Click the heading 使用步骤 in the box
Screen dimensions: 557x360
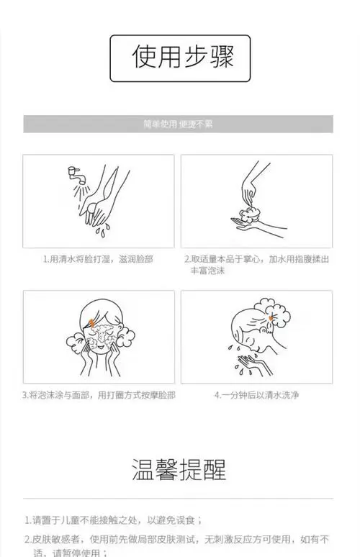[x=183, y=57]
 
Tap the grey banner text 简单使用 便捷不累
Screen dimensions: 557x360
[x=178, y=123]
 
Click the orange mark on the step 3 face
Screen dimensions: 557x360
[x=88, y=322]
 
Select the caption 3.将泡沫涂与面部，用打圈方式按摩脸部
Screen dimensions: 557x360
[x=98, y=395]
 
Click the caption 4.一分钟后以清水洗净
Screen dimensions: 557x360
[x=256, y=395]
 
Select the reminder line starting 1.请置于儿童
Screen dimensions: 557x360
[x=113, y=520]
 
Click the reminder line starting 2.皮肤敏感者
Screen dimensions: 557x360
[x=177, y=539]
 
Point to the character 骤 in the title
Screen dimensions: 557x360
[x=220, y=57]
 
